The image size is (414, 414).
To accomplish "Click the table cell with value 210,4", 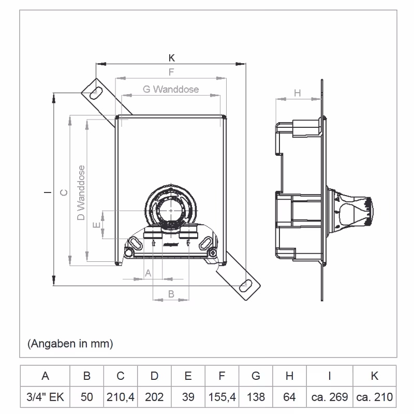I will pyautogui.click(x=121, y=397).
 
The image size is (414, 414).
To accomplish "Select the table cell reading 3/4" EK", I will pyautogui.click(x=45, y=397).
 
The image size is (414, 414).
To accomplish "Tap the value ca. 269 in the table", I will pyautogui.click(x=330, y=397).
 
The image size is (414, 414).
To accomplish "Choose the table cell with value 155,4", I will pyautogui.click(x=222, y=397).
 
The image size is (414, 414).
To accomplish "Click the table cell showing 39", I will pyautogui.click(x=188, y=397).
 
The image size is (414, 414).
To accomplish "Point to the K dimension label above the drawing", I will pyautogui.click(x=172, y=58).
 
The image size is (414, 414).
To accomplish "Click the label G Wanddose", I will pyautogui.click(x=171, y=89).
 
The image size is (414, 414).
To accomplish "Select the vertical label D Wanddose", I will pyautogui.click(x=81, y=193).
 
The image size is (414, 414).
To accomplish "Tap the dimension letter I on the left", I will pyautogui.click(x=47, y=193).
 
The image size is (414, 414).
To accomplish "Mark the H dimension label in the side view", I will pyautogui.click(x=297, y=93).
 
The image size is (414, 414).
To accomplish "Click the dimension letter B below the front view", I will pyautogui.click(x=171, y=293).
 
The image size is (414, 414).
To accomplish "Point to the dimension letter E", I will pyautogui.click(x=95, y=225).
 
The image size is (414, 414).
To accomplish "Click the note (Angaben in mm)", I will pyautogui.click(x=70, y=343).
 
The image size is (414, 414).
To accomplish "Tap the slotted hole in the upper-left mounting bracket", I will pyautogui.click(x=96, y=91).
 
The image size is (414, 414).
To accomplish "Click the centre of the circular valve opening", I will pyautogui.click(x=170, y=211).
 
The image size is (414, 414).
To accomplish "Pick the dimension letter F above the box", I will pyautogui.click(x=171, y=72).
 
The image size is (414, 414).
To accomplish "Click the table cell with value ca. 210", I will pyautogui.click(x=374, y=397).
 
